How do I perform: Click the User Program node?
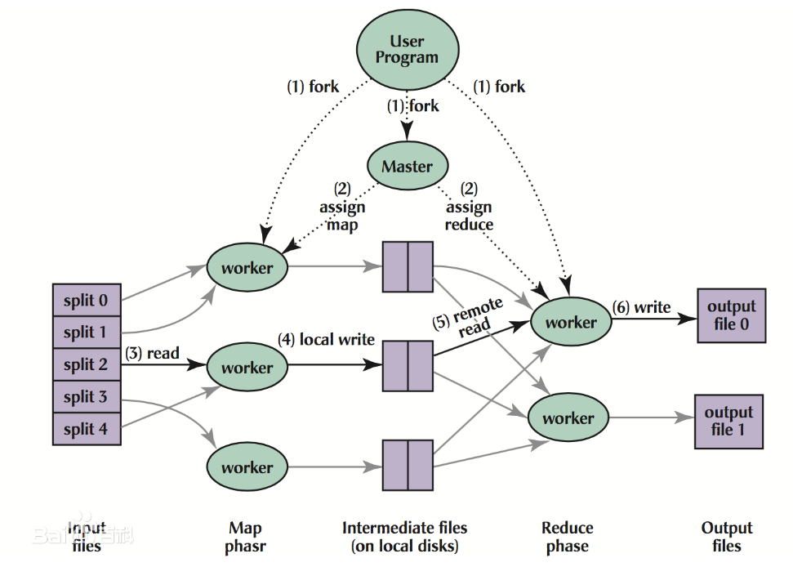tap(408, 50)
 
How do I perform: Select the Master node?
tap(408, 166)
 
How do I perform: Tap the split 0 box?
tap(87, 300)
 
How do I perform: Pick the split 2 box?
tap(87, 364)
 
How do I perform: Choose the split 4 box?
tap(87, 429)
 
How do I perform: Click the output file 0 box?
tap(731, 315)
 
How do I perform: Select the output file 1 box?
tap(728, 422)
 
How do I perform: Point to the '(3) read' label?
tap(152, 353)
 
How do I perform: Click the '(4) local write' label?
tap(326, 339)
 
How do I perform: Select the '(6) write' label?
tap(641, 307)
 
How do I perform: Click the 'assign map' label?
tap(342, 216)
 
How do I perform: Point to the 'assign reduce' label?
tap(469, 216)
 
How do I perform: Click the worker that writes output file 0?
tap(571, 322)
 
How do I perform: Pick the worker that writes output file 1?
tap(568, 417)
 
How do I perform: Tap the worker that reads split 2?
tap(247, 367)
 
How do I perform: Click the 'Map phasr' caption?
tap(245, 537)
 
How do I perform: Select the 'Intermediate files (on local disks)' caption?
tap(404, 537)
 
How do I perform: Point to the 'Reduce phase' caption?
tap(568, 537)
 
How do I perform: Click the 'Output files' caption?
tap(727, 537)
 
